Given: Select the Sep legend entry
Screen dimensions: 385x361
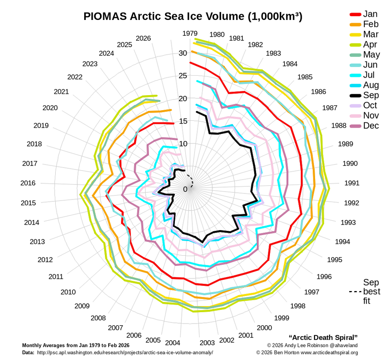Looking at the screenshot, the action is (x=364, y=95).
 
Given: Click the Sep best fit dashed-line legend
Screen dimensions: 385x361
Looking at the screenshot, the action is (x=365, y=291).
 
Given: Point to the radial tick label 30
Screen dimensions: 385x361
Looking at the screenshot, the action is (x=183, y=53).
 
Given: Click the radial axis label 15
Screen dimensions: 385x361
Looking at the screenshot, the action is (x=183, y=121).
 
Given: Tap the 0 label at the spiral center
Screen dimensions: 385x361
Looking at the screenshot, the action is (x=185, y=189).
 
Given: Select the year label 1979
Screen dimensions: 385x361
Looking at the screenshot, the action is (x=190, y=33).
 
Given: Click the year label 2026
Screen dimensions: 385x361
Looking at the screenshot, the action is (x=144, y=38).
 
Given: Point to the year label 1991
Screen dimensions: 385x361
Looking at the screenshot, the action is (x=352, y=183).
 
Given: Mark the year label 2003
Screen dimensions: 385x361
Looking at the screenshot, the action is (x=207, y=343).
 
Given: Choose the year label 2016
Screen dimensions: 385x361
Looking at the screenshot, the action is (x=28, y=183).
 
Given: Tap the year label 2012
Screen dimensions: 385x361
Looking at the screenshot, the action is (x=45, y=260).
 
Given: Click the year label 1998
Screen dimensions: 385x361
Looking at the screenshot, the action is (x=298, y=306).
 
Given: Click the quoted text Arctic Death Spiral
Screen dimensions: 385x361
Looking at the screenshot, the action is (x=323, y=337).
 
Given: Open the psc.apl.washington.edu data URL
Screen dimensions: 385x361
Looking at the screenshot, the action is (x=125, y=352).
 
